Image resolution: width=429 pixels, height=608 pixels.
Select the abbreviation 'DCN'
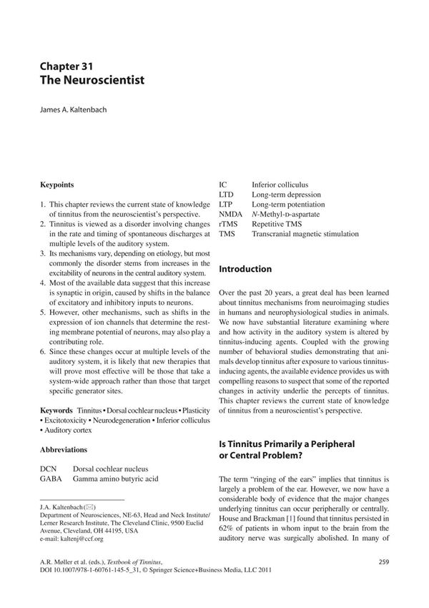point(49,468)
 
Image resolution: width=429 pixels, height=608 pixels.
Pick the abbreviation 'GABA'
point(52,479)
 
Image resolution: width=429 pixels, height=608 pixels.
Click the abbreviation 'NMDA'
point(231,214)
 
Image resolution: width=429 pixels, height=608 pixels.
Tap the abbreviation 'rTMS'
point(229,224)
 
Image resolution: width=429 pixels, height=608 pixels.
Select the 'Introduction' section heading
point(245,269)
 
